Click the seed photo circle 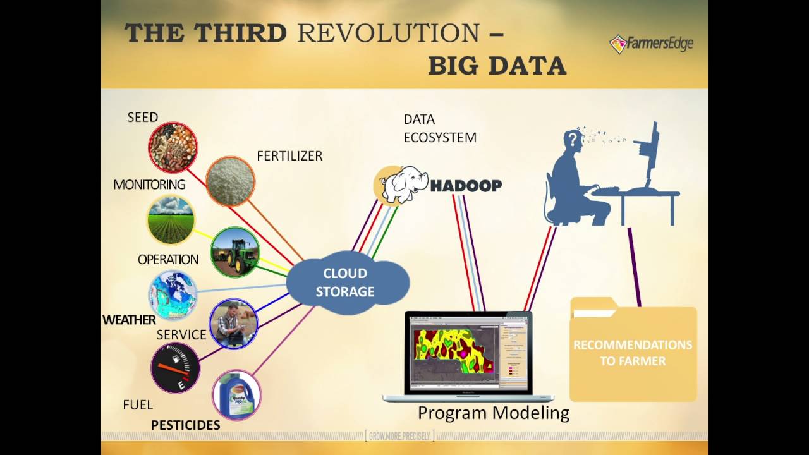pos(173,147)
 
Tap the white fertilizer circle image pos(230,181)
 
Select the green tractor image pos(235,252)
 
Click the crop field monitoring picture pos(171,220)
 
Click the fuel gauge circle pos(175,368)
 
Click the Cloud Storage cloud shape pos(346,282)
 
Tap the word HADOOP pos(466,186)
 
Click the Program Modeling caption pos(494,413)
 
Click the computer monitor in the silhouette pos(651,155)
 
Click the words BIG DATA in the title pos(497,65)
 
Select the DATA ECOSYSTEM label pos(439,128)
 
